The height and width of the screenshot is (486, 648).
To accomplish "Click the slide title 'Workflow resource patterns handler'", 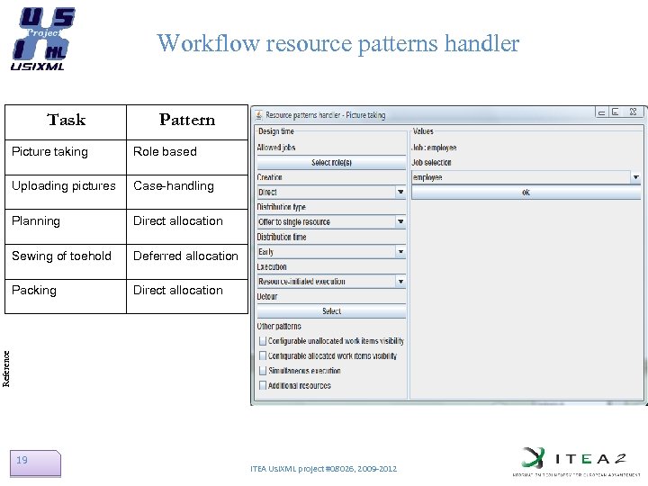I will [x=337, y=42].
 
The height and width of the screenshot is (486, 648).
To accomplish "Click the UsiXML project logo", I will [x=42, y=39].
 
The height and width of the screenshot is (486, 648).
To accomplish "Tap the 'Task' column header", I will [x=66, y=120].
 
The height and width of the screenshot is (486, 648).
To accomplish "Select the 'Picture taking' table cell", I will [x=50, y=151].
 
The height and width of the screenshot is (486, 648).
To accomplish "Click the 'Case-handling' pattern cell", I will [x=174, y=186].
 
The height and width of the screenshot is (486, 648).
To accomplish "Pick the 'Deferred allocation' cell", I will [x=185, y=256].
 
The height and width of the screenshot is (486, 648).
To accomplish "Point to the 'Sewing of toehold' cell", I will [x=61, y=256].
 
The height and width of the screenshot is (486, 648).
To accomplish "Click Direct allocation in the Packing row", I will [x=178, y=290].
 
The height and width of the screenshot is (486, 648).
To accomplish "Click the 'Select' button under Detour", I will [x=331, y=311].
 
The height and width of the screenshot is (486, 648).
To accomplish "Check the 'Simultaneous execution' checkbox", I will [x=263, y=371].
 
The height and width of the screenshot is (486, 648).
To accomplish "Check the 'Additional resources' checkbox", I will [x=263, y=385].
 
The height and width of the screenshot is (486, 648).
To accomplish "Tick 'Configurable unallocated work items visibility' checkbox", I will [x=263, y=341].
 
